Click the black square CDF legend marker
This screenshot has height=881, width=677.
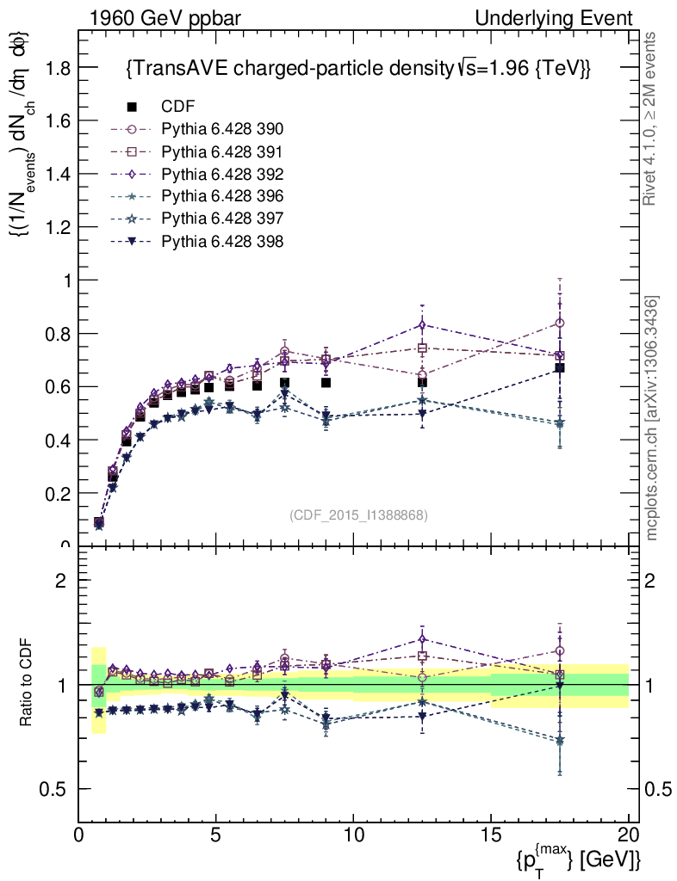tap(132, 107)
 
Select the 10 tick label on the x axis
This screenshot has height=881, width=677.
tap(353, 834)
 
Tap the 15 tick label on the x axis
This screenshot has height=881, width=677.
tap(491, 834)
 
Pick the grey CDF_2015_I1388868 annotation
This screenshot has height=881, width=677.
tap(359, 514)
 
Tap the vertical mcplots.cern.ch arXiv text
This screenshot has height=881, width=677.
tap(652, 418)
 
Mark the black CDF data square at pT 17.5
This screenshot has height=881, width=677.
tap(560, 368)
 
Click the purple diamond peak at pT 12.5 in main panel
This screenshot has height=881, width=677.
tap(422, 324)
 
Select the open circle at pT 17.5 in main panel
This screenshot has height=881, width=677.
tap(560, 323)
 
